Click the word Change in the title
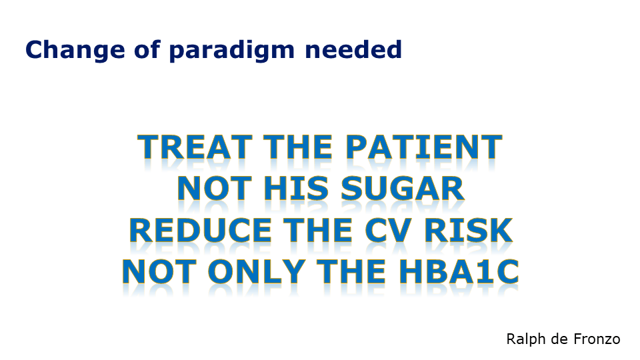pos(75,51)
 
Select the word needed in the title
pos(353,49)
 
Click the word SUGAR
pos(403,189)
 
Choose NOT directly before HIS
pos(214,189)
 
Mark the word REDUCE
pos(201,230)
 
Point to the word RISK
pos(468,230)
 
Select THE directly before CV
pos(317,230)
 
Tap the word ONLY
pos(257,271)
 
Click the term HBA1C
pos(459,271)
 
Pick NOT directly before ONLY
pos(159,271)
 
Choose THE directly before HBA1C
pos(351,271)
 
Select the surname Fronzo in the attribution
pos(597,339)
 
